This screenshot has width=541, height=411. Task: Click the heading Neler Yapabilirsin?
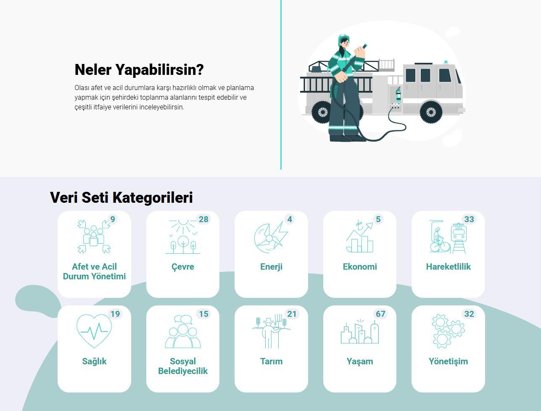point(139,70)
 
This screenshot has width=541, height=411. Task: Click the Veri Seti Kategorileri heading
point(121,197)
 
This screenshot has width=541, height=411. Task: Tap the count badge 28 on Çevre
point(203,219)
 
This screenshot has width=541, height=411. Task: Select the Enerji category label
point(271,267)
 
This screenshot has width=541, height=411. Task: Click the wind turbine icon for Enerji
point(271,237)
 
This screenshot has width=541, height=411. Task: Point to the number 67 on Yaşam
point(380,314)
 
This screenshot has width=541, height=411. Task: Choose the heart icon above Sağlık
point(94,331)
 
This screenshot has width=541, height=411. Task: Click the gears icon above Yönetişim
point(448,331)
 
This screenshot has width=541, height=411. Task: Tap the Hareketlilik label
point(449,267)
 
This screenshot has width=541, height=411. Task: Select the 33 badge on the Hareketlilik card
point(469,219)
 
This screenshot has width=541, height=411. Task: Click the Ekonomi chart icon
point(359,237)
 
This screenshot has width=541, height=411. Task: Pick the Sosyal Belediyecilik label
point(183,366)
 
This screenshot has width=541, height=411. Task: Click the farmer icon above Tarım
point(271,331)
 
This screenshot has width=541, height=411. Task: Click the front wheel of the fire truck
point(430,112)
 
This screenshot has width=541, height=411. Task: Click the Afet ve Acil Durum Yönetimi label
point(94,271)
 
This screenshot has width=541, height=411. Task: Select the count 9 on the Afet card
point(113,219)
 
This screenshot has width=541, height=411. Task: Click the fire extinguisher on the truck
point(398,95)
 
